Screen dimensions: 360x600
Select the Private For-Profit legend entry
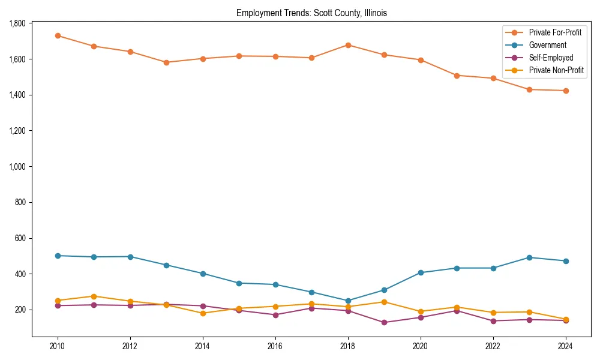coord(555,32)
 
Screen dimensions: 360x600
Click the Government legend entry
coord(547,45)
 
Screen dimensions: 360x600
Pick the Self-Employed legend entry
coord(551,58)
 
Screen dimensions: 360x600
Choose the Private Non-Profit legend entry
coord(556,70)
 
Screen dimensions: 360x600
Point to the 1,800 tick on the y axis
coord(17,23)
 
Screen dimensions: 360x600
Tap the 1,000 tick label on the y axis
coord(17,166)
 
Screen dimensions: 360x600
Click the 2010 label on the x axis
coord(58,346)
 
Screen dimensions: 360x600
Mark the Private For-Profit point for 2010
coord(58,35)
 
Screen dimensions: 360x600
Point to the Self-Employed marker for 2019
coord(384,322)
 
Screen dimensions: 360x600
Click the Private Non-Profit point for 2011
coord(94,296)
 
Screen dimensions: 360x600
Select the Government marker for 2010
coord(58,256)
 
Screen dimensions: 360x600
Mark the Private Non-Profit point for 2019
coord(384,302)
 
